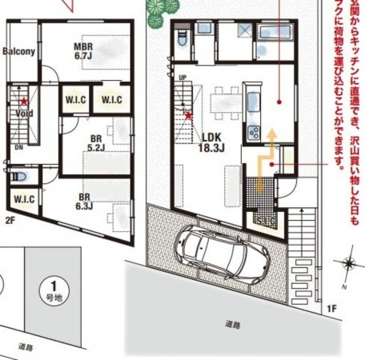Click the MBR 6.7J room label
tap(85, 51)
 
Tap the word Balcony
tap(18, 52)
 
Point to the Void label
tap(23, 114)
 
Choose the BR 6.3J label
tap(85, 201)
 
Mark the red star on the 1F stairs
tap(188, 115)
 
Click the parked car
tap(219, 247)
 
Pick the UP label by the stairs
tap(183, 78)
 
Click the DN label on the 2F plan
tap(18, 146)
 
